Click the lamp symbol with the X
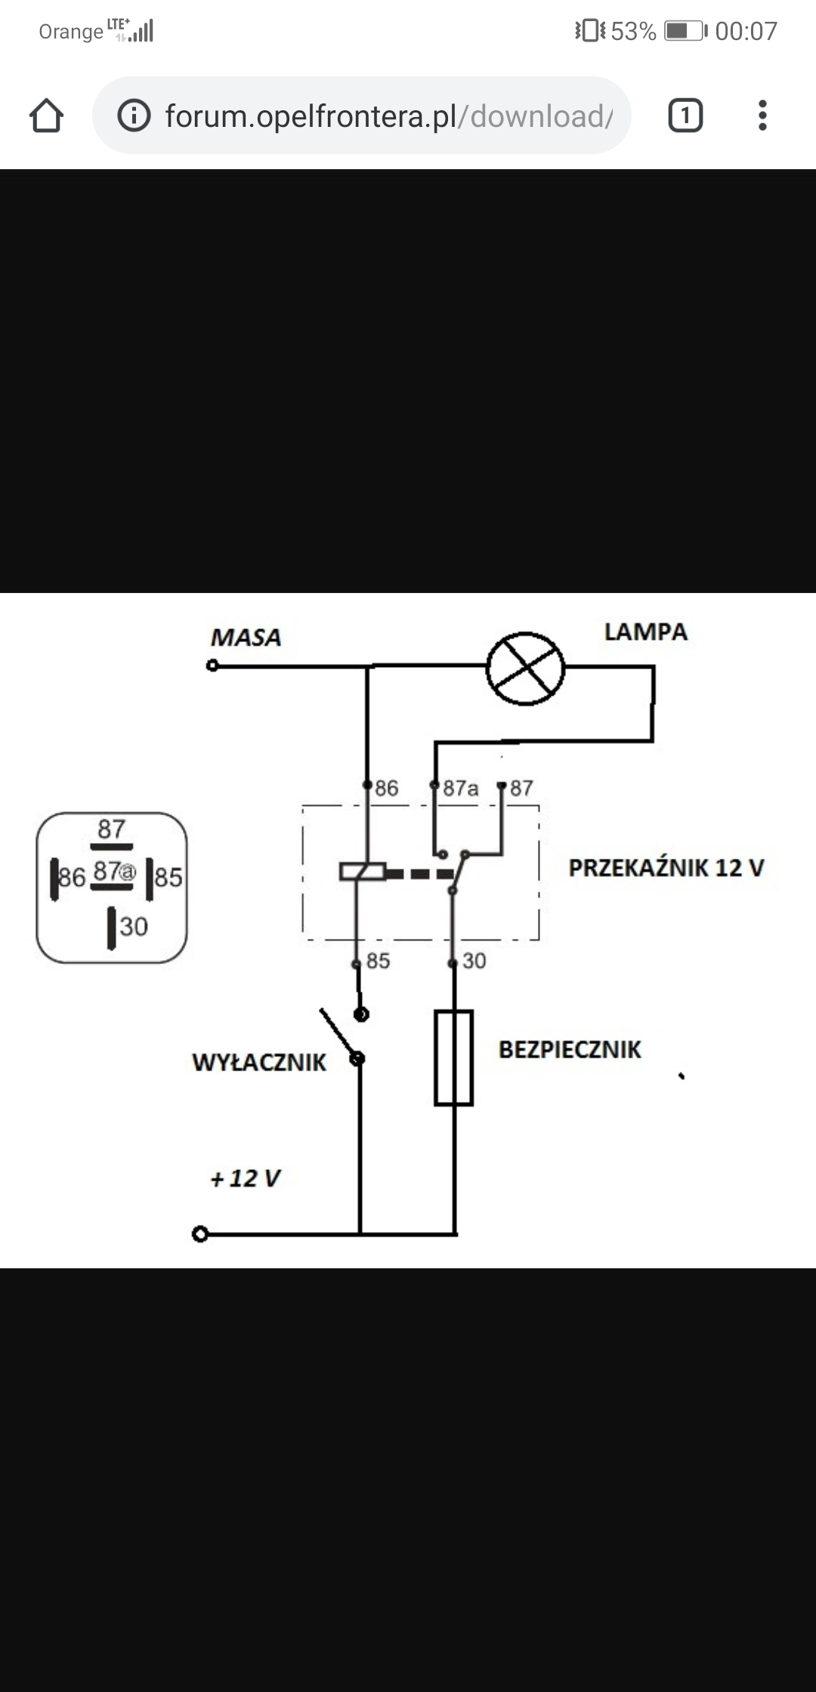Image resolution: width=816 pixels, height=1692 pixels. (x=525, y=668)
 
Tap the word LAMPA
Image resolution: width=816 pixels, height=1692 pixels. (x=645, y=632)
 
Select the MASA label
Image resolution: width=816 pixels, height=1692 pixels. (x=246, y=638)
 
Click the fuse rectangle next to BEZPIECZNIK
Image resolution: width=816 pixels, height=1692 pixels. (x=453, y=1057)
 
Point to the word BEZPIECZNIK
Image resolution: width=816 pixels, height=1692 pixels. (x=570, y=1049)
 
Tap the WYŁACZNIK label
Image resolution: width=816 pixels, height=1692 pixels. (x=258, y=1062)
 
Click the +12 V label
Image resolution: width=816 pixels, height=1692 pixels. (x=246, y=1178)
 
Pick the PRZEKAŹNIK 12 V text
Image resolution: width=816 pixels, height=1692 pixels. (x=666, y=868)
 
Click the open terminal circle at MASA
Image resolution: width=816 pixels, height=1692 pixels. (x=212, y=665)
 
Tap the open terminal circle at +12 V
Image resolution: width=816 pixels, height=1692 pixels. (x=199, y=1234)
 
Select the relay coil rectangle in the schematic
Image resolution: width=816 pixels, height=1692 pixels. (x=363, y=872)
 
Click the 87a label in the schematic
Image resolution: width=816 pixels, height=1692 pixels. (x=460, y=789)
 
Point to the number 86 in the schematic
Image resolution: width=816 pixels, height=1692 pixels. (x=386, y=789)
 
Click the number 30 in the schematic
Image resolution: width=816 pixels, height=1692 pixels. (x=474, y=961)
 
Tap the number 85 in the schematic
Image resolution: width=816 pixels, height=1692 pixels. (x=378, y=961)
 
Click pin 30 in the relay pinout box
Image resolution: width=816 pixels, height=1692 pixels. (x=133, y=927)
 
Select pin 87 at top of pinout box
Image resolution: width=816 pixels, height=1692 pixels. (x=111, y=829)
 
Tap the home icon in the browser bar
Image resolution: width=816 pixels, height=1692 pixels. (x=46, y=116)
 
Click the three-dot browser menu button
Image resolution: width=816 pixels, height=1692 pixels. (x=762, y=116)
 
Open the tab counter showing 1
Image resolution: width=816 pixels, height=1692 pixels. (x=685, y=116)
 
